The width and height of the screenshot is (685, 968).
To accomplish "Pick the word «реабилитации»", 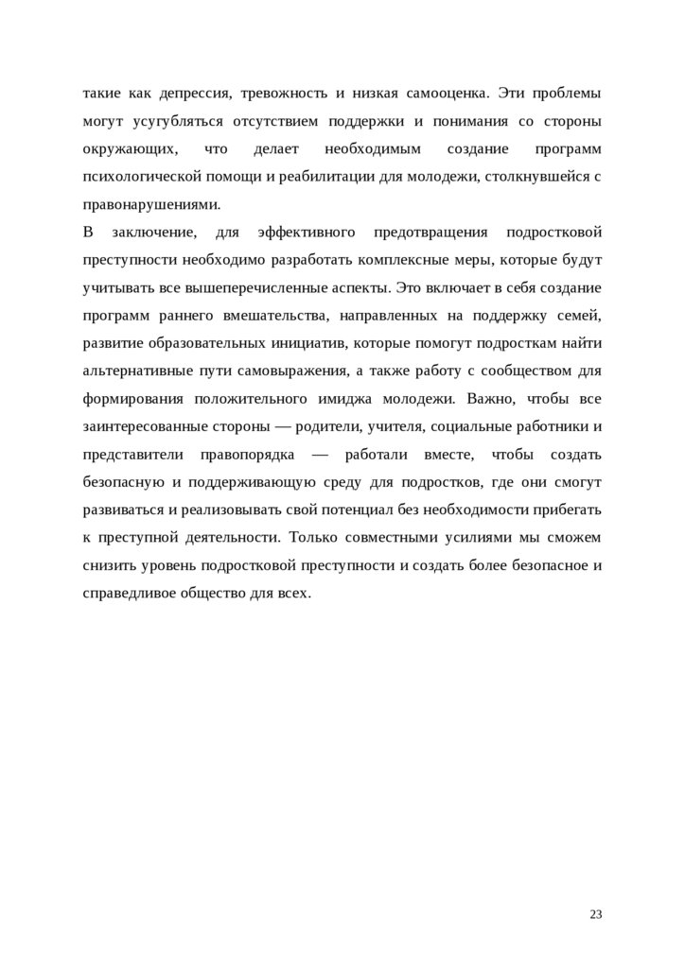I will click(x=338, y=177).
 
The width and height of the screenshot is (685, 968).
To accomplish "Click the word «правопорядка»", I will click(x=247, y=455).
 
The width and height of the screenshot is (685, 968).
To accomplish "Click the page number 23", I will click(x=595, y=914).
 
